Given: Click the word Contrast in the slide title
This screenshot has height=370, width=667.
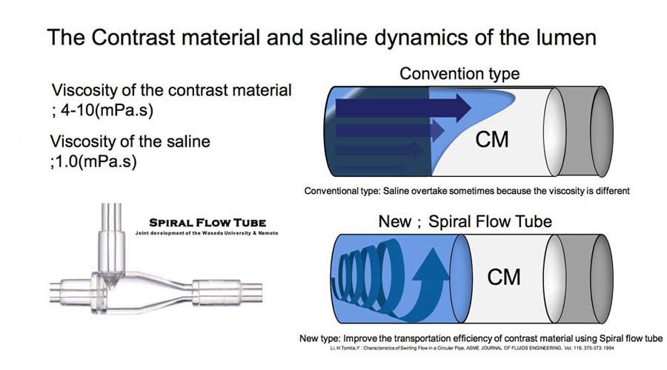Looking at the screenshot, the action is click(133, 37).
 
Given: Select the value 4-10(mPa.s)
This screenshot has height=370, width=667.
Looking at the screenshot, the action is click(107, 110).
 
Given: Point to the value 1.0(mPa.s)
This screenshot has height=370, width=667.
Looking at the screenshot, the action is click(96, 161).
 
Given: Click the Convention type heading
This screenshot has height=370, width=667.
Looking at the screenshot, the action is click(459, 73).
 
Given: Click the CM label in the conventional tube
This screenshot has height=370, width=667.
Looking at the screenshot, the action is click(492, 140).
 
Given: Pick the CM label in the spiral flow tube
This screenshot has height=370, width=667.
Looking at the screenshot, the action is click(504, 277).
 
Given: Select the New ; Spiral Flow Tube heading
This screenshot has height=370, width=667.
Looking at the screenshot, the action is click(465, 221).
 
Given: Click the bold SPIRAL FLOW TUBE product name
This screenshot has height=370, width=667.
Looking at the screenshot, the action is click(208, 223).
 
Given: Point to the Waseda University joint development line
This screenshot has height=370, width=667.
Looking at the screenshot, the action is click(207, 233).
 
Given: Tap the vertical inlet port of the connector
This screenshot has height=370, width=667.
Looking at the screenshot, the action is click(111, 238).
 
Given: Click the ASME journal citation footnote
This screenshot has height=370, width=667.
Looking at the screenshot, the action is click(472, 349).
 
